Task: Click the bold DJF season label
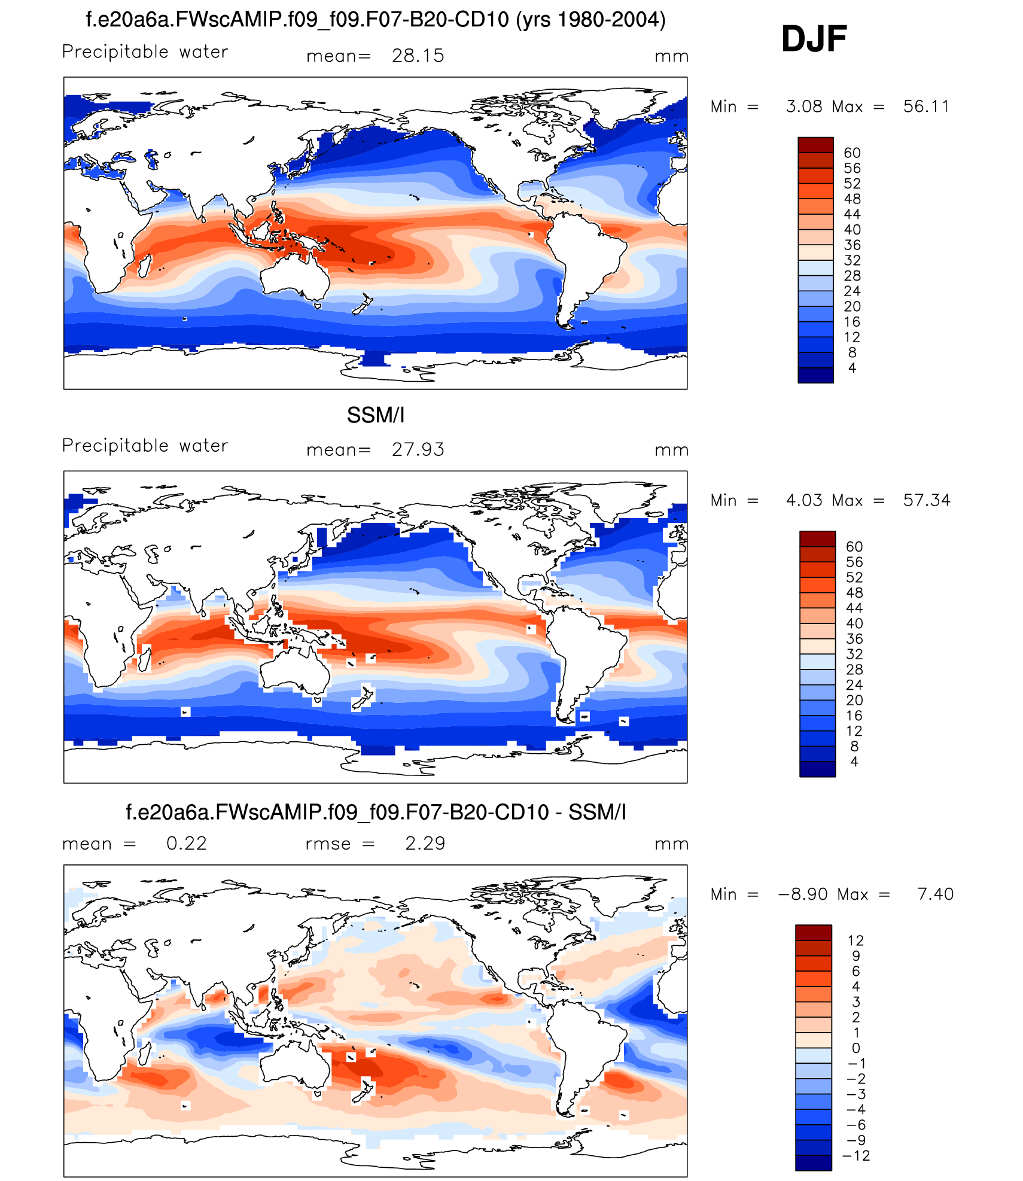click(x=814, y=39)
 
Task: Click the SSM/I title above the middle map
click(x=376, y=415)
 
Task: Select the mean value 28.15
click(x=418, y=56)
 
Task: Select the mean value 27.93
click(x=418, y=449)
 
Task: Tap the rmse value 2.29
click(x=425, y=843)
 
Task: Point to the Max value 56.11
click(x=926, y=106)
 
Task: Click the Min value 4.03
click(x=804, y=500)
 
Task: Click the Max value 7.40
click(x=935, y=894)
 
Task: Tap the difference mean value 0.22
click(x=186, y=843)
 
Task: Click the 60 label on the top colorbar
click(x=852, y=153)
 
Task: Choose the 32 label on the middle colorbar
click(x=854, y=654)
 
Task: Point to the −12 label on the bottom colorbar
click(x=856, y=1155)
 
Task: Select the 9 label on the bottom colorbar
click(x=856, y=955)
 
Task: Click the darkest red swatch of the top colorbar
click(x=815, y=145)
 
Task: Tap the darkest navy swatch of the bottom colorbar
click(x=813, y=1162)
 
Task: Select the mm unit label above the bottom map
click(x=671, y=844)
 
